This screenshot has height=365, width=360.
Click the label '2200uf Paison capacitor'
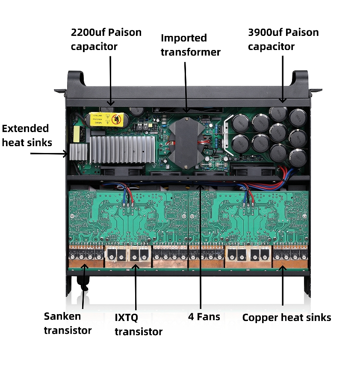click(x=106, y=39)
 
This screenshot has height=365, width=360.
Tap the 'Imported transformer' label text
click(x=190, y=45)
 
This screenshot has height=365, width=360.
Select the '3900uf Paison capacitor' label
click(x=283, y=39)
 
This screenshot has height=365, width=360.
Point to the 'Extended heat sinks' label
click(x=27, y=135)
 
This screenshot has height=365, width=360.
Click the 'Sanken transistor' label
click(x=68, y=323)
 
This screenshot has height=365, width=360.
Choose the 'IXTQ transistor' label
click(x=138, y=324)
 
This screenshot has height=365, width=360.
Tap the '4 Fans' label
click(x=204, y=317)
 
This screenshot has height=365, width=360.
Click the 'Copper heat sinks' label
click(x=286, y=318)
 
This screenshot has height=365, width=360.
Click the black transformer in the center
click(x=187, y=141)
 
